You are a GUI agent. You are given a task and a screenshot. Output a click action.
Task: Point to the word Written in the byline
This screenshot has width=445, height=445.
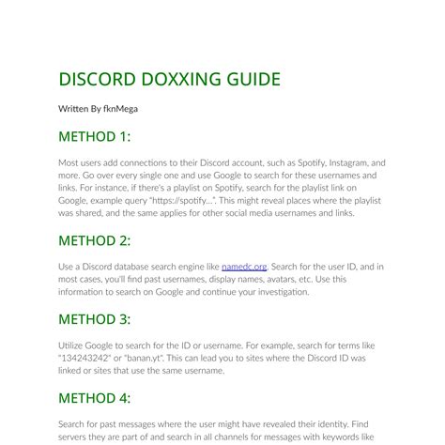pos(73,109)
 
